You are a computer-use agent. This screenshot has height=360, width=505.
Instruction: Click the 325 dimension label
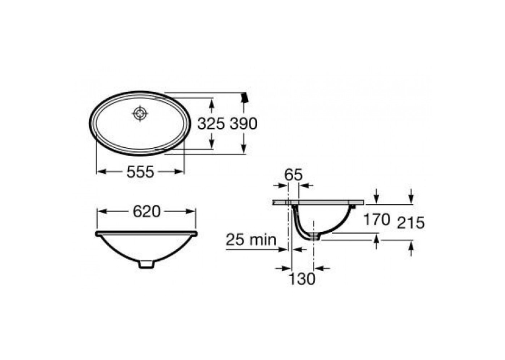(x=211, y=124)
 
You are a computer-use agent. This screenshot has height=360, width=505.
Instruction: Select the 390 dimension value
(x=244, y=124)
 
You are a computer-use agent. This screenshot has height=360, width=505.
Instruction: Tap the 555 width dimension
(x=141, y=172)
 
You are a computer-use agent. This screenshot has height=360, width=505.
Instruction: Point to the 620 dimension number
(x=147, y=212)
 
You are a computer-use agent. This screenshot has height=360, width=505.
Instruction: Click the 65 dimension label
(x=293, y=175)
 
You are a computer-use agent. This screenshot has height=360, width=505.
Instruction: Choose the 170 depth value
(x=376, y=220)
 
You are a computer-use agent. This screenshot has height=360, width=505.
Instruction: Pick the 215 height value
(x=411, y=223)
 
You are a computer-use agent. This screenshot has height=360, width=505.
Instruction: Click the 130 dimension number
(x=302, y=279)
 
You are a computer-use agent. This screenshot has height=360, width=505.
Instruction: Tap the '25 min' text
(x=252, y=240)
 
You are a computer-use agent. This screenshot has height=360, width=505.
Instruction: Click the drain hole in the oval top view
(x=140, y=113)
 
